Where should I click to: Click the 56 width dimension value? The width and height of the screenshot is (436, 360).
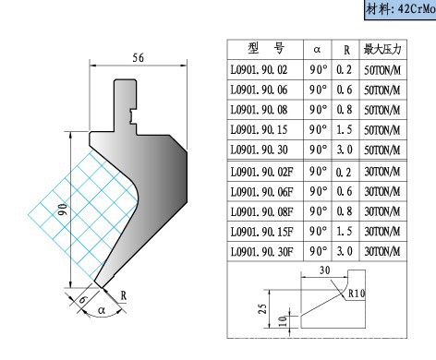[138, 57]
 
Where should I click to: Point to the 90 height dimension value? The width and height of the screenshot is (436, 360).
[63, 210]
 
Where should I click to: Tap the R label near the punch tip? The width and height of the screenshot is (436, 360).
[123, 295]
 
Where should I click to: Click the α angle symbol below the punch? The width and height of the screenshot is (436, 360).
[102, 310]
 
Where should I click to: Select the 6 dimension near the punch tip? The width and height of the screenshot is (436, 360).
[83, 299]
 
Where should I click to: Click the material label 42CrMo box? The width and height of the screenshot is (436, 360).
[400, 9]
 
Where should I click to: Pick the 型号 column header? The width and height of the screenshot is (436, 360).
[266, 48]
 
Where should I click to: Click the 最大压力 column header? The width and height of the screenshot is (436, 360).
[382, 49]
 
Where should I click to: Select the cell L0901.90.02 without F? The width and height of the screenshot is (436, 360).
[259, 70]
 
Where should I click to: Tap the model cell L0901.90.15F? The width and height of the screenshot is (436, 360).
[261, 232]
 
